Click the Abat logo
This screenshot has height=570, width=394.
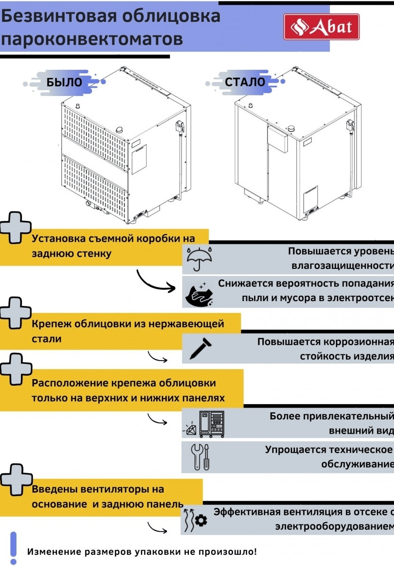tap(321, 27)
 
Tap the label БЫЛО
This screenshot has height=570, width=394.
tap(64, 82)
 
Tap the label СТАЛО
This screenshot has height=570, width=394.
tap(245, 82)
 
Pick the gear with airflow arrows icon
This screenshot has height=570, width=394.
tap(195, 520)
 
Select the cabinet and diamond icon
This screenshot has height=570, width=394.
tap(204, 423)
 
